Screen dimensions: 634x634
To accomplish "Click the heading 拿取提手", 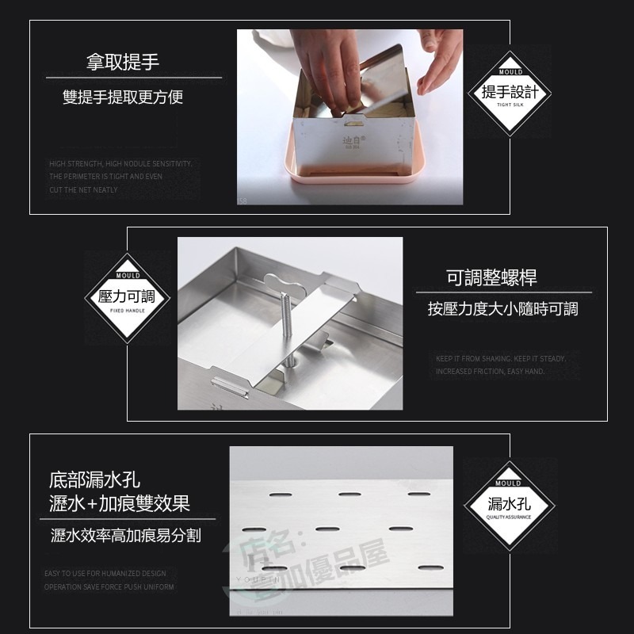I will [123, 63].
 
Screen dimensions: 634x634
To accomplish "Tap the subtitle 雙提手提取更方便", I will [123, 97].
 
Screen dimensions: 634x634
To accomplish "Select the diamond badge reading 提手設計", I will [510, 92].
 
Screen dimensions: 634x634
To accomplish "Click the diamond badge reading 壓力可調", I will [127, 297].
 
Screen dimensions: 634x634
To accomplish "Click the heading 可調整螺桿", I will [491, 277].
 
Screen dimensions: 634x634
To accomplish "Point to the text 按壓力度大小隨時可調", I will [503, 309].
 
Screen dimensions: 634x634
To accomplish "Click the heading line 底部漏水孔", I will [94, 480].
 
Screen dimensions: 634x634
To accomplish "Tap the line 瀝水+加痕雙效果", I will [120, 503].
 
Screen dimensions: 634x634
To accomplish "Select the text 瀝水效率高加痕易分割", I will [125, 537].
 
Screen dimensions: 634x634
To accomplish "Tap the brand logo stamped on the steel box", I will [351, 143].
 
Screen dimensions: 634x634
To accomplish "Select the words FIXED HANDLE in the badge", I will [127, 311].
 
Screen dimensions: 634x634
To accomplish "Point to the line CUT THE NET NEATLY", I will [83, 190].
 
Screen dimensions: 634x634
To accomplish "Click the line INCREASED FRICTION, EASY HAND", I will [489, 372].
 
